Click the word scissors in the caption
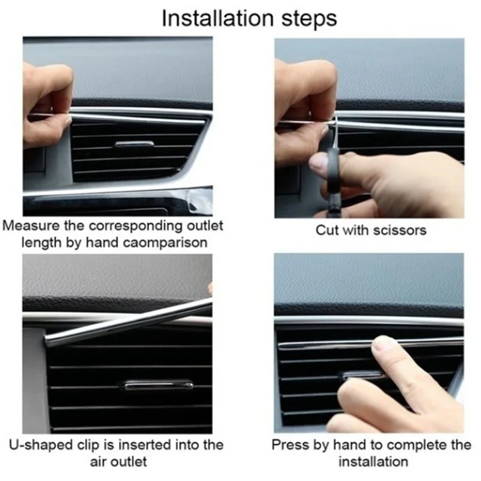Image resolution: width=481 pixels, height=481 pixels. coord(397,230)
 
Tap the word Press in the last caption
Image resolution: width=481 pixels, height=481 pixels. coord(287,446)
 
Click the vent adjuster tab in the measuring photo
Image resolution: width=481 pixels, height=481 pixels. coord(134,144)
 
